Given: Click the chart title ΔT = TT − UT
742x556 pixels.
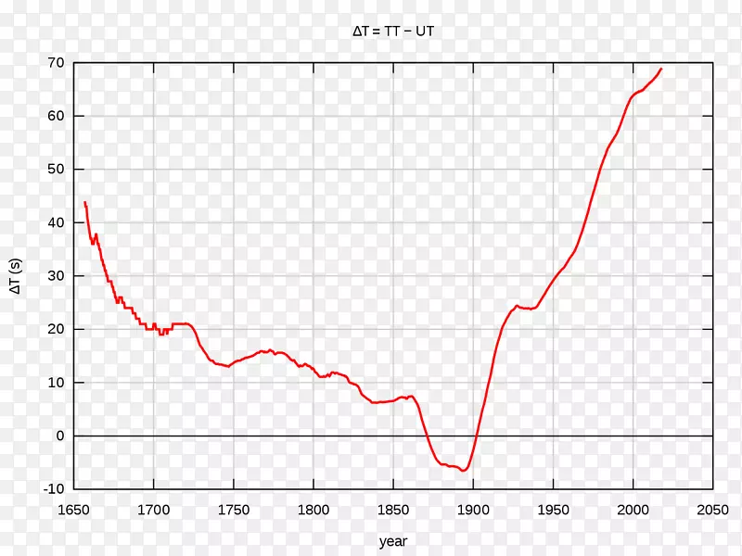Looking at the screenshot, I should point(393,32).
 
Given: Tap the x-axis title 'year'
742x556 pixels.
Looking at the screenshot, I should point(393,541).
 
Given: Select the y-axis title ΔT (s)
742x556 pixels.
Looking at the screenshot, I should point(16,276).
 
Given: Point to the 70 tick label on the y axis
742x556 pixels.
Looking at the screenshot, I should point(56,63).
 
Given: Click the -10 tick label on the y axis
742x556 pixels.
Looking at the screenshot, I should point(53,489).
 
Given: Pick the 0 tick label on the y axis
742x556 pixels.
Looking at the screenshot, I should point(59,436).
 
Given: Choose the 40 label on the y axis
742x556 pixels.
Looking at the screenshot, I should point(56,223).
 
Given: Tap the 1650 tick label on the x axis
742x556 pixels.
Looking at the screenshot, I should point(73,509).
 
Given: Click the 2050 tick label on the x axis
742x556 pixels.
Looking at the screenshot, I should point(713,509).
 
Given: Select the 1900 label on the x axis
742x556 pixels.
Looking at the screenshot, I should point(473,509).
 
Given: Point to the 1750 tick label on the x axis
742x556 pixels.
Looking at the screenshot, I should point(233,509).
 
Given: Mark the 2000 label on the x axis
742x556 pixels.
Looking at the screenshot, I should point(633,509).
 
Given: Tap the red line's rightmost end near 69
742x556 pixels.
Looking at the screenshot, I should point(661,69).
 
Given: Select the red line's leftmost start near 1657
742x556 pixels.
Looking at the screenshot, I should point(84,202).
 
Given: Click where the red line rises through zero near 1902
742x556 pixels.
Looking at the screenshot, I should point(477,436).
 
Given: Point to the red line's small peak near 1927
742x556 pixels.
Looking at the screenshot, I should point(517,305).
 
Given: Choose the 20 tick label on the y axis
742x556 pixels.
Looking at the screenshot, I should point(56,330).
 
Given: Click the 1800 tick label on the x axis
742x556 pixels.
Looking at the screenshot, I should point(313,509).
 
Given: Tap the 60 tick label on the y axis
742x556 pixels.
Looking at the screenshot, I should point(56,117).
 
